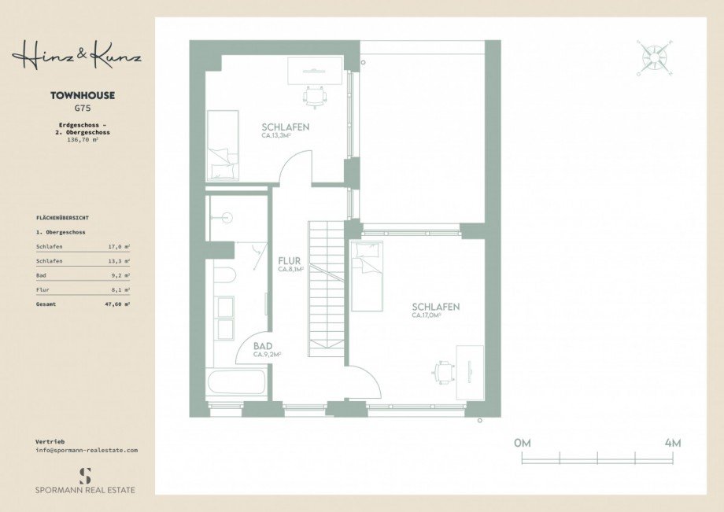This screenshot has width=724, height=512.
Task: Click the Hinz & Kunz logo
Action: [x=76, y=57]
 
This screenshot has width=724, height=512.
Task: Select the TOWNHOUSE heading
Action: [x=83, y=96]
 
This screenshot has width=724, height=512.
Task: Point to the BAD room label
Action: [x=264, y=346]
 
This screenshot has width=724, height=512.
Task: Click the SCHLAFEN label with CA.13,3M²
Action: [x=285, y=127]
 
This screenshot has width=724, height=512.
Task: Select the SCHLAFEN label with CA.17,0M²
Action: [x=435, y=307]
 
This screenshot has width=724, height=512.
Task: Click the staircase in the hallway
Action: [x=327, y=289]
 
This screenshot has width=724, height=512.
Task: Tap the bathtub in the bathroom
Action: [x=237, y=384]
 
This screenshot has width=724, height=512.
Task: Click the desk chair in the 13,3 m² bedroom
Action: [x=314, y=96]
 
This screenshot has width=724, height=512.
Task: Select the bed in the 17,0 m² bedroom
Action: [x=367, y=275]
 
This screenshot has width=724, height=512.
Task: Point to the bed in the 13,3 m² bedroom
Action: [x=223, y=145]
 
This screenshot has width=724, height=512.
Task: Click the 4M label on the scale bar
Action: [x=672, y=443]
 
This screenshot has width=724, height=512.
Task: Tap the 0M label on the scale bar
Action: [x=523, y=443]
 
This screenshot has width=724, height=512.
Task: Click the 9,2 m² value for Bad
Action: [x=120, y=275]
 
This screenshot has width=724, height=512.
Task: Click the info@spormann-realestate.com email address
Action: [x=87, y=450]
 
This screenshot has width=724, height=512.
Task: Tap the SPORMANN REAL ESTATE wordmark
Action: [x=85, y=490]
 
